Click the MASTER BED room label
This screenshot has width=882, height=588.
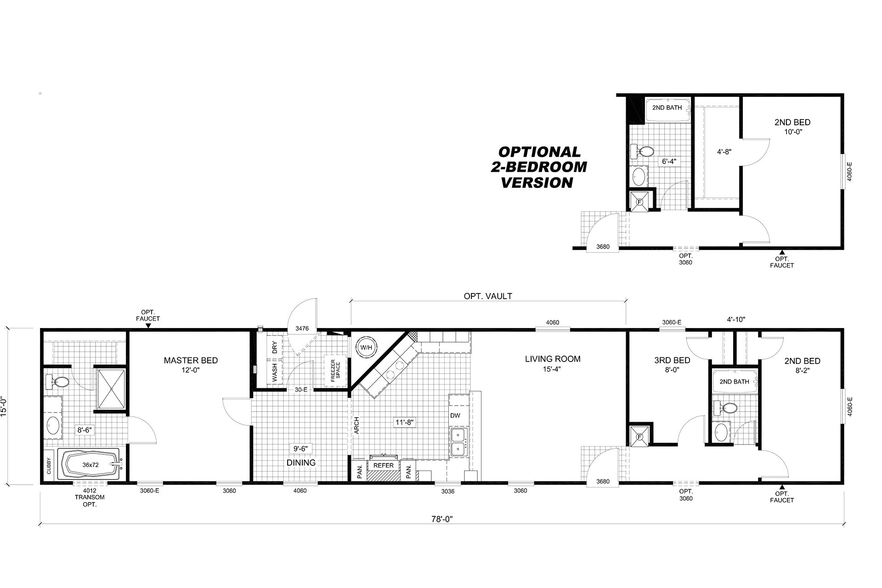point(191,361)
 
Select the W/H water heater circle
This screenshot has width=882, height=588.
point(366,347)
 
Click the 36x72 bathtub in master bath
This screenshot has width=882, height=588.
point(90,464)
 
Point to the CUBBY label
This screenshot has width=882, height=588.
point(49,465)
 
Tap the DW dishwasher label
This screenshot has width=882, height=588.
point(455,416)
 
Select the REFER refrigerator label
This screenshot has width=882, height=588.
point(384,465)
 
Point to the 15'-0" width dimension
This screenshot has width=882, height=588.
point(4,406)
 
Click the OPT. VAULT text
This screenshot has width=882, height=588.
point(488,296)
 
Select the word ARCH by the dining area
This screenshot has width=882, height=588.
point(357,425)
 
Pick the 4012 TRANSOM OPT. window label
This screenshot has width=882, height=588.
point(90,497)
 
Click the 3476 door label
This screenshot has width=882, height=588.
point(302,328)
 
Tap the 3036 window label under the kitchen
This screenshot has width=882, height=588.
point(448,491)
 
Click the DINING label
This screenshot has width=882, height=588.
point(301,463)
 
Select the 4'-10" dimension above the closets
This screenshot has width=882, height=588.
point(736,319)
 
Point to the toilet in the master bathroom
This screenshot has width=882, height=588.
point(57,381)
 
